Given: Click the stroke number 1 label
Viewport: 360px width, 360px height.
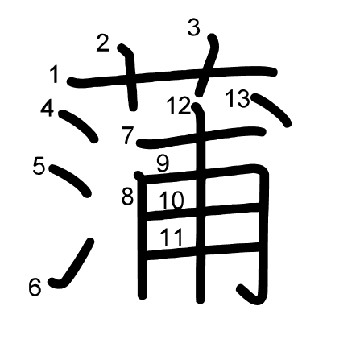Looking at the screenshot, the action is (x=55, y=75).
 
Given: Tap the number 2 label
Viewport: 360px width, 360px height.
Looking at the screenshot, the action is (x=103, y=43).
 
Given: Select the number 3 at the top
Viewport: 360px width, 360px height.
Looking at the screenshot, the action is (x=194, y=28).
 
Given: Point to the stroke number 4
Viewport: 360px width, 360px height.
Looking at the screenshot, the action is (x=48, y=109).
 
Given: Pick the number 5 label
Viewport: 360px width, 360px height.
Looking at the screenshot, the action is (x=39, y=166).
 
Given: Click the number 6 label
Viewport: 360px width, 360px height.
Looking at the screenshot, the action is (x=35, y=288).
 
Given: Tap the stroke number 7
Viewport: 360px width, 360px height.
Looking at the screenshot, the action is (x=128, y=135).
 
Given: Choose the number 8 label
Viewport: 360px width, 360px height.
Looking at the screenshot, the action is (x=127, y=197).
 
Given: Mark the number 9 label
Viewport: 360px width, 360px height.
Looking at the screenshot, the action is (x=163, y=163).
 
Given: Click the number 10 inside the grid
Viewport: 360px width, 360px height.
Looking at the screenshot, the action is (x=172, y=201).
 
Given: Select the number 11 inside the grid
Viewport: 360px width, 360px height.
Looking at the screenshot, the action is (x=172, y=238).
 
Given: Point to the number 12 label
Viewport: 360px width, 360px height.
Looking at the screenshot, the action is (x=179, y=106).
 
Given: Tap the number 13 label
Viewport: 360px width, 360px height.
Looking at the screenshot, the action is (x=238, y=99).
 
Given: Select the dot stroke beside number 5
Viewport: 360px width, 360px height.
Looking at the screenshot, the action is (x=70, y=180).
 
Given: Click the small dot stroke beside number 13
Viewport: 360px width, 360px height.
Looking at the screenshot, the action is (x=272, y=110).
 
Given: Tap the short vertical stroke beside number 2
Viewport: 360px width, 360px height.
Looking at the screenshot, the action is (x=130, y=77).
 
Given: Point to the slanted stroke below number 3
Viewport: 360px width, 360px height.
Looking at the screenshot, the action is (x=208, y=64).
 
